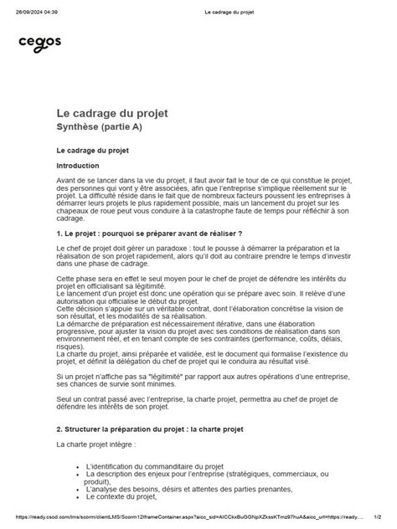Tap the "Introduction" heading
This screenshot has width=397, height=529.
[x=82, y=166]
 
